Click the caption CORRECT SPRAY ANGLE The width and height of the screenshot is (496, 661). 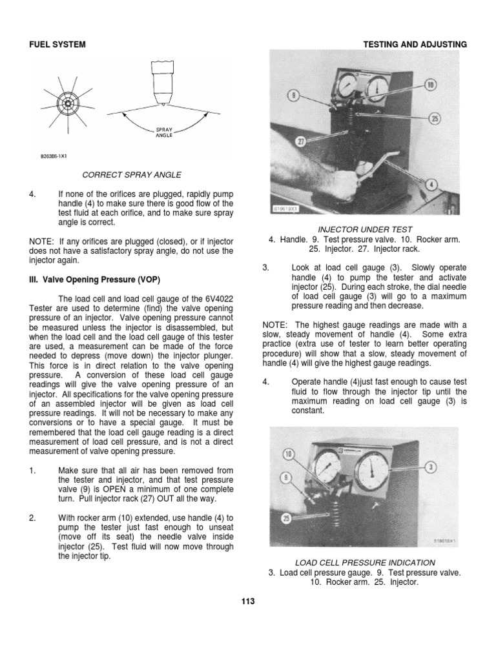point(131,174)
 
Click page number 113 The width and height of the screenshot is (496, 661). point(248,601)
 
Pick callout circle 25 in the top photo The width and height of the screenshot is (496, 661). point(434,117)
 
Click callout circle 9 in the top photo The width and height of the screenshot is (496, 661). point(292,96)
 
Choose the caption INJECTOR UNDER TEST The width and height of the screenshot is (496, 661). point(365,229)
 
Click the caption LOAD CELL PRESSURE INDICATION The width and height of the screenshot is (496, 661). point(364,562)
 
